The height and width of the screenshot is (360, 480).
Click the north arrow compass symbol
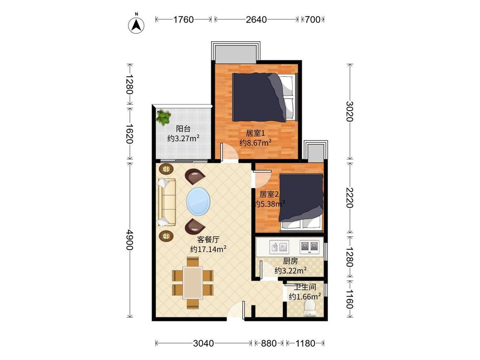pos(136,24)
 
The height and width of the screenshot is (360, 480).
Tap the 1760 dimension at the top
pos(183,20)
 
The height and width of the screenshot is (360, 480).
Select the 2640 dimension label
pos(256,20)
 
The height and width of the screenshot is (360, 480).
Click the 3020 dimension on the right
pos(349,111)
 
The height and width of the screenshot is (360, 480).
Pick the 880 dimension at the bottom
pos(269,343)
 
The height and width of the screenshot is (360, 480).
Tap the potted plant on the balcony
pos(163,118)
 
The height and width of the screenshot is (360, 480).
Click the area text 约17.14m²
pos(208,249)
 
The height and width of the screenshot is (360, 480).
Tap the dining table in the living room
pos(192,282)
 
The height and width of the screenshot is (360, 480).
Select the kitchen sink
pos(279,247)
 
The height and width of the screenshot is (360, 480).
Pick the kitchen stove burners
pos(309,247)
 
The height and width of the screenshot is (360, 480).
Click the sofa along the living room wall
pos(166,202)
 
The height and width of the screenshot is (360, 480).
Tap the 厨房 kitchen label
pos(290,261)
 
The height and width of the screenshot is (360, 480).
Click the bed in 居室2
pos(301,202)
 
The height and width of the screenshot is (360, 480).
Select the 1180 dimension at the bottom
pos(305,343)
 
